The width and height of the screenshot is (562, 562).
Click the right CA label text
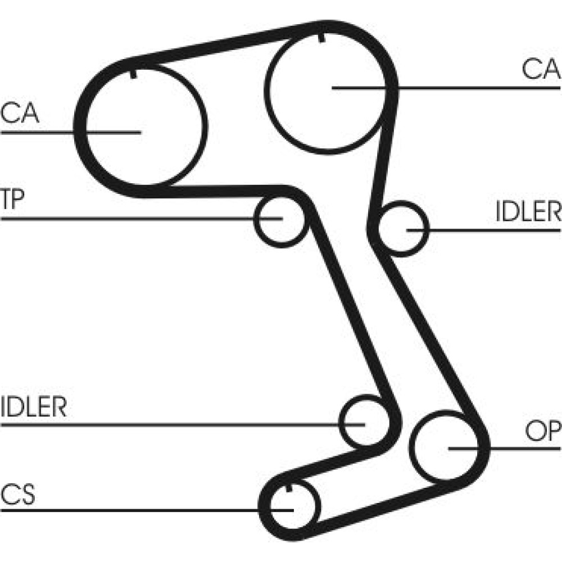tap(541, 70)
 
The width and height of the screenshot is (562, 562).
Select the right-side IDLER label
tap(528, 212)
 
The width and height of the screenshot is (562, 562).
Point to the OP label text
tap(543, 431)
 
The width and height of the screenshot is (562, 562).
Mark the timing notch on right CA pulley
tap(321, 38)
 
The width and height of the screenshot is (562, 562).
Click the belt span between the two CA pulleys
tap(225, 42)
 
